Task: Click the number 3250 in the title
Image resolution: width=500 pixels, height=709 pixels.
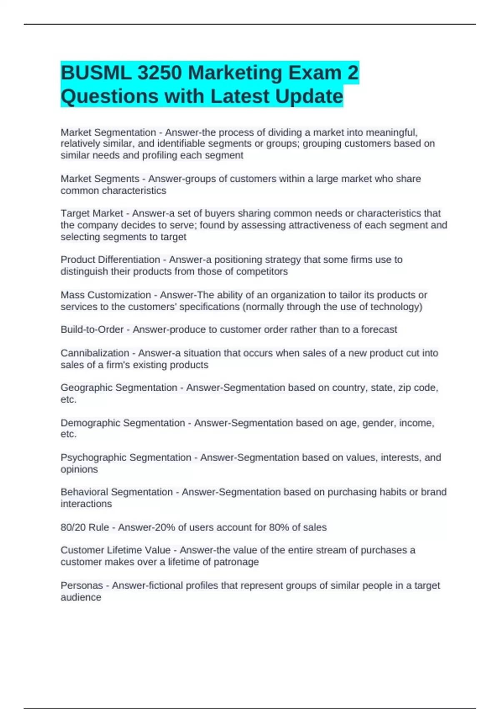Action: click(159, 73)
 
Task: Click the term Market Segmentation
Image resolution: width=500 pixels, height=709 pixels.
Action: click(108, 132)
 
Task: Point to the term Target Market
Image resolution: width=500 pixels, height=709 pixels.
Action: click(92, 214)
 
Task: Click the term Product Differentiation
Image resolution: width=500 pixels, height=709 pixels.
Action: click(110, 260)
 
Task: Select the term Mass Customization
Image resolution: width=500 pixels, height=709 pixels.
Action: click(106, 295)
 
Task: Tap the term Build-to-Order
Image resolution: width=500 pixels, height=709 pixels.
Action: click(92, 329)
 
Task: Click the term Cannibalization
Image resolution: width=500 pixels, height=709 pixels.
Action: click(95, 353)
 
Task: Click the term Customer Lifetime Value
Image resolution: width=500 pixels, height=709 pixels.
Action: click(115, 550)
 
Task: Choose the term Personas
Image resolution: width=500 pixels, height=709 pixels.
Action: click(82, 586)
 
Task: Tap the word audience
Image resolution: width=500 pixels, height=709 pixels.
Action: click(81, 597)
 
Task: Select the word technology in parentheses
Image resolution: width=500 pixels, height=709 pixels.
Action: click(394, 307)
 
